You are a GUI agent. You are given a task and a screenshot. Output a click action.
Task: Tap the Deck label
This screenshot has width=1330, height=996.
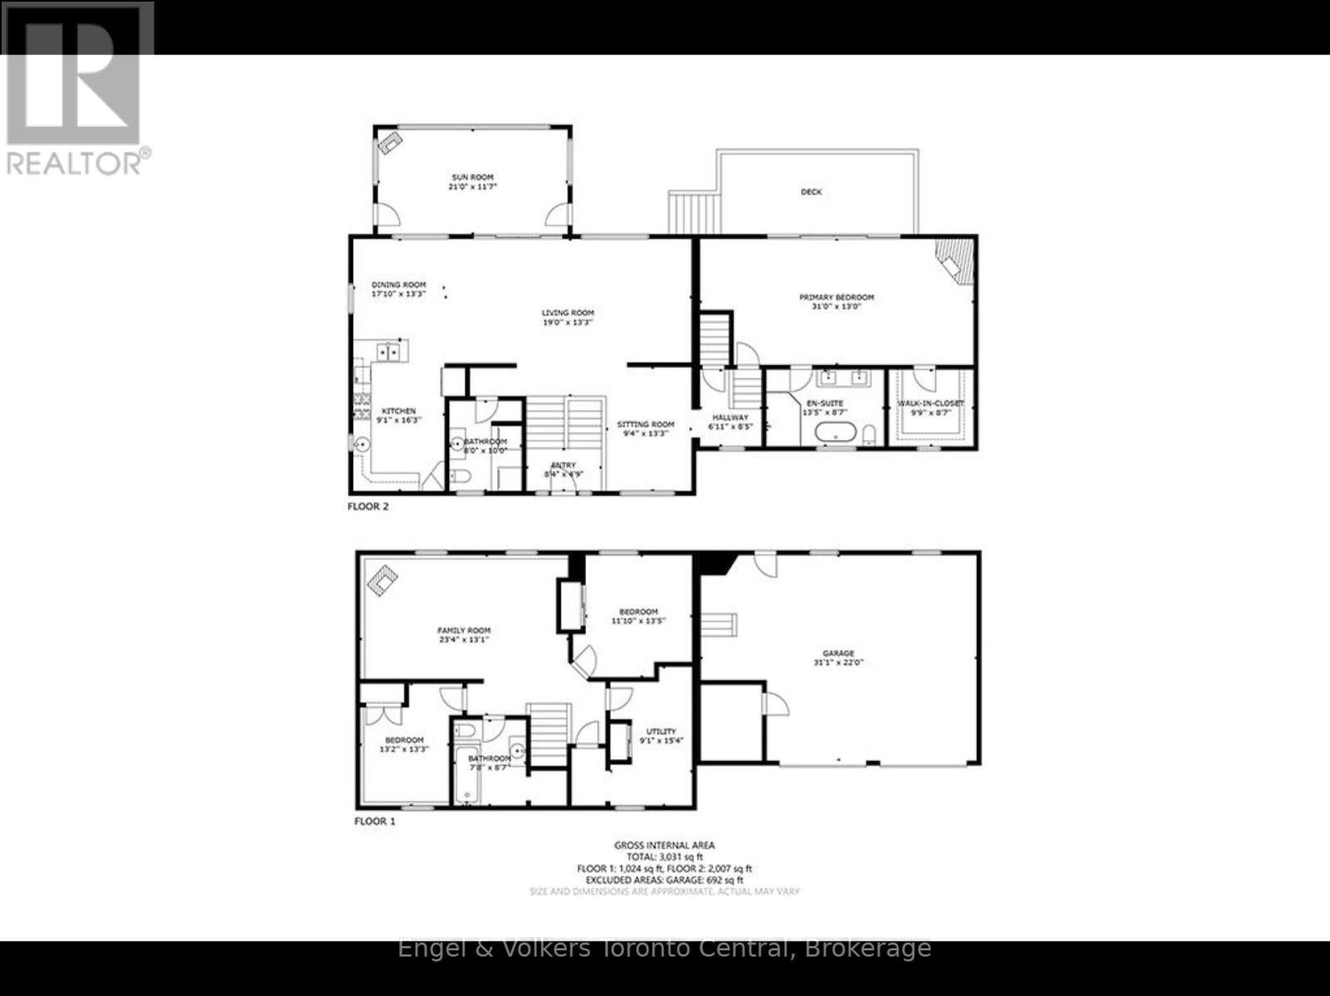coord(810,192)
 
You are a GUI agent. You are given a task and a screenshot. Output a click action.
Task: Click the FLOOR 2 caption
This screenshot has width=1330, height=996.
coord(367,506)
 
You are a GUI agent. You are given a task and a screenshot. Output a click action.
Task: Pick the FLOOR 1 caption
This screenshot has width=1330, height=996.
coord(375,822)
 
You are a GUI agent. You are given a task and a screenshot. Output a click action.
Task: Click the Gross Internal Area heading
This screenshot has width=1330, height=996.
coord(664,846)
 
